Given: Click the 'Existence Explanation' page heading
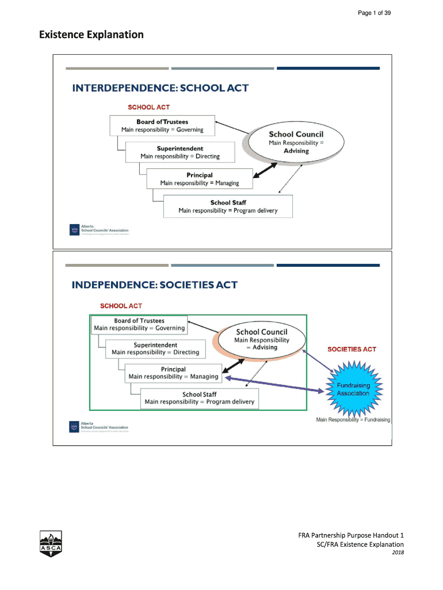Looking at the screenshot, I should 91,35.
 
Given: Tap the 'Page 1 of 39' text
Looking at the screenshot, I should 375,13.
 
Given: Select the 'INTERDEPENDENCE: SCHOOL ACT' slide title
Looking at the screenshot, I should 160,88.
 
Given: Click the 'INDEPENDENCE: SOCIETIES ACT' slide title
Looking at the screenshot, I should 154,285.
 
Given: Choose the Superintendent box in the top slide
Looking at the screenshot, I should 180,152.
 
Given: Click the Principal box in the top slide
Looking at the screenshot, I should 199,179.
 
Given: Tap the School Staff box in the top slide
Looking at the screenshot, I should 228,206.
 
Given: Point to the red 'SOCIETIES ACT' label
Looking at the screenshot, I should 352,349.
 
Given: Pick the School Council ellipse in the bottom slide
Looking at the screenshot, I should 262,339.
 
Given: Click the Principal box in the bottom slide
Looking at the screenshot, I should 173,373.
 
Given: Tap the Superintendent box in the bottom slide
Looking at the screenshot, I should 155,349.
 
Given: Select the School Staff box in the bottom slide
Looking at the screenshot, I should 199,398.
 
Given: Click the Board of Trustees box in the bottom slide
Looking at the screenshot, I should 139,324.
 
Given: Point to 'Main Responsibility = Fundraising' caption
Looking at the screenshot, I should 353,419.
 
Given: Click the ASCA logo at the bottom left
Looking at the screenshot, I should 51,542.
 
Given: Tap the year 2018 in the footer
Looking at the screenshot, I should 397,553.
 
